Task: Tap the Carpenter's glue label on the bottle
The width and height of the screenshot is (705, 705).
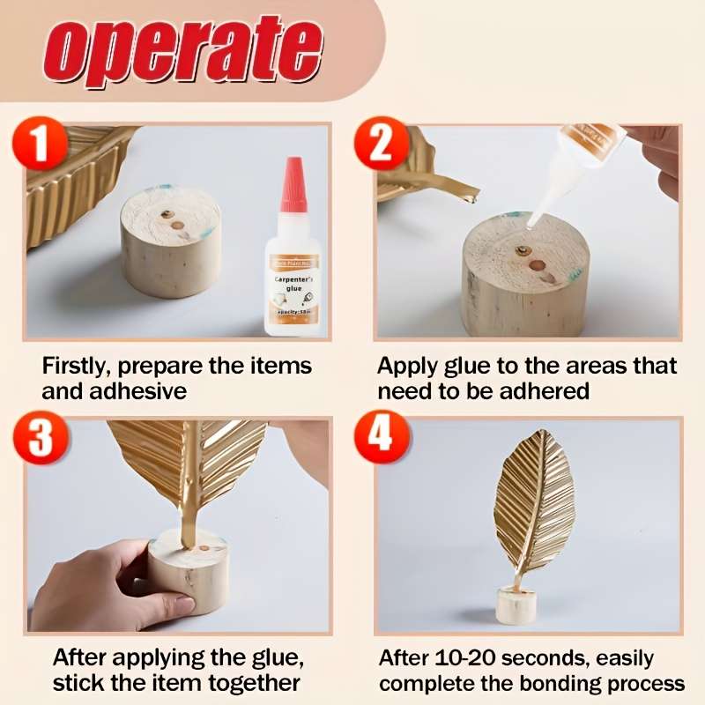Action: click(294, 280)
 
